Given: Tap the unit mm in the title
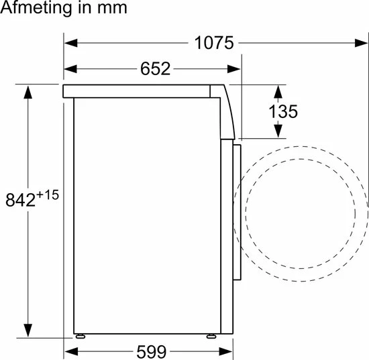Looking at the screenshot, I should pos(107,9).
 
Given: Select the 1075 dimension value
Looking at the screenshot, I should pos(214,44).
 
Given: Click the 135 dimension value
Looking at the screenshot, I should pos(282,111).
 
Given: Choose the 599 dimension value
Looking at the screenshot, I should pos(149,351).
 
